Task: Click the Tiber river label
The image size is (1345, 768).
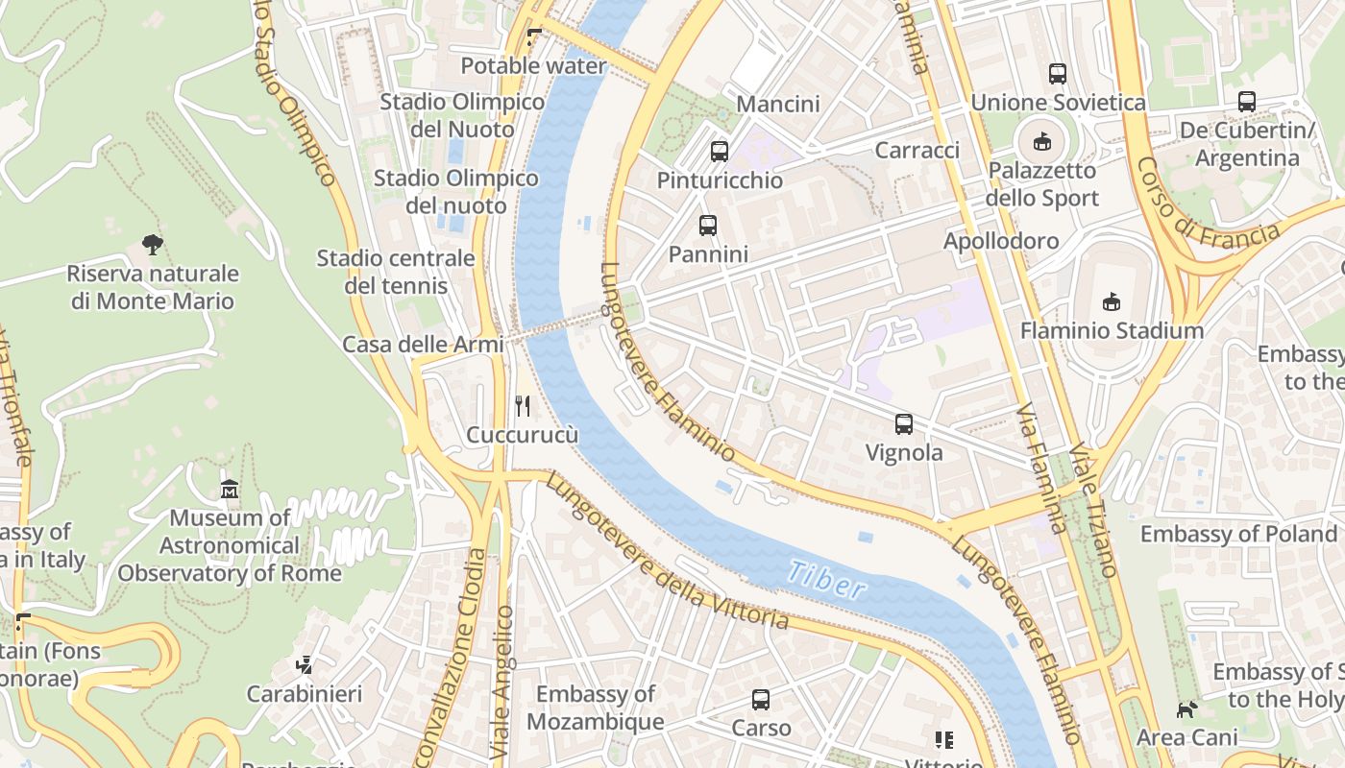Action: (825, 580)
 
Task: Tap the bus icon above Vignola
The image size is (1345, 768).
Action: (903, 424)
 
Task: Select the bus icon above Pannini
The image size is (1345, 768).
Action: (708, 226)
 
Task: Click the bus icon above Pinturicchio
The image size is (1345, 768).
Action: (720, 151)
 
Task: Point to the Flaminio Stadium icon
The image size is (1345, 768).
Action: (1112, 301)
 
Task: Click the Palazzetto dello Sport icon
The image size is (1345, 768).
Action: (1041, 142)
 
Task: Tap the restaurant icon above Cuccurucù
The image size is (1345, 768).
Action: (523, 406)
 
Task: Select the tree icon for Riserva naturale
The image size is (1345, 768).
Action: (152, 245)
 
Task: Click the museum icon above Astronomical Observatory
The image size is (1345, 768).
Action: (230, 490)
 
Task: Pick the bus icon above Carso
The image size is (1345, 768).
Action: (761, 699)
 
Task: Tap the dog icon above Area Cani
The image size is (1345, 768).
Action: (1187, 709)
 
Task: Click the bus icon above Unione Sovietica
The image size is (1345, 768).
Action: (1058, 73)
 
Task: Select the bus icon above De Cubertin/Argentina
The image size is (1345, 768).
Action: (1247, 101)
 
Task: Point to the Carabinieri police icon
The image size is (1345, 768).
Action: (305, 664)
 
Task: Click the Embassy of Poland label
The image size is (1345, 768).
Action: (1238, 534)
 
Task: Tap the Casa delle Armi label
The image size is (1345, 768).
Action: (423, 345)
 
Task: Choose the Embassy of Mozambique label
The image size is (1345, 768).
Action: (596, 708)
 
